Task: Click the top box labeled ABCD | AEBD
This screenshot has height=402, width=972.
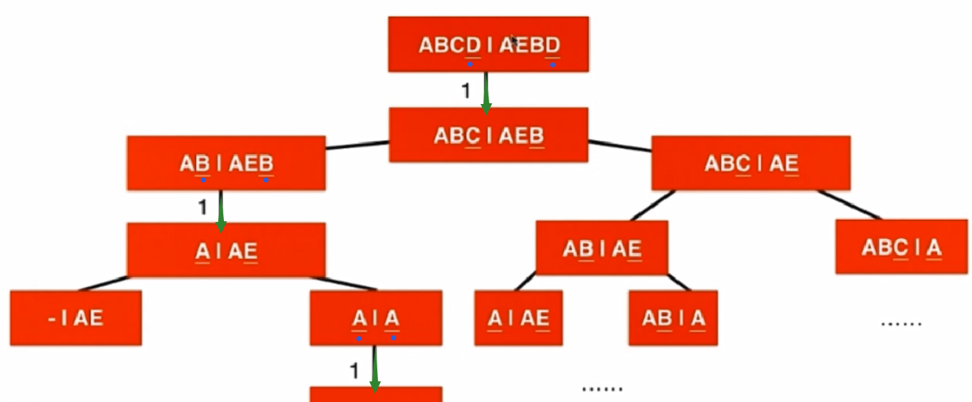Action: (489, 44)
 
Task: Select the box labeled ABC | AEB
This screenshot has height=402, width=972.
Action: (489, 135)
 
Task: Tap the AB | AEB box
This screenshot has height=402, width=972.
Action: (226, 163)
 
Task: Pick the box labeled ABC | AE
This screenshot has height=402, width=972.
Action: (751, 163)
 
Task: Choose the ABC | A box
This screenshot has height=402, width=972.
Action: (901, 246)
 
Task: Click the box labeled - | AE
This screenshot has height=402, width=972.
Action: (76, 318)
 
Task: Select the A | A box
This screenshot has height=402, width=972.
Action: (376, 318)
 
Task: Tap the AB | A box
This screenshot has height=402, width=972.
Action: (674, 318)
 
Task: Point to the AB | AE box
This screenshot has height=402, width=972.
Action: (601, 247)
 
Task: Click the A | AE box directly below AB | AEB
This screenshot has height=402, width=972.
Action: (226, 251)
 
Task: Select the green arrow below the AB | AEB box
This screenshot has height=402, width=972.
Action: (220, 207)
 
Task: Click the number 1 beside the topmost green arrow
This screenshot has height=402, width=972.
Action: (465, 91)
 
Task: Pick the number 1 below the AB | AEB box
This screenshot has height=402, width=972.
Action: (203, 208)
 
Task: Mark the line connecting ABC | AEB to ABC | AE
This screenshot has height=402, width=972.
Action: (620, 145)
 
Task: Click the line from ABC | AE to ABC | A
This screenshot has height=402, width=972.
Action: (849, 205)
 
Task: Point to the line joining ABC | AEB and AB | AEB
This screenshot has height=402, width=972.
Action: (357, 145)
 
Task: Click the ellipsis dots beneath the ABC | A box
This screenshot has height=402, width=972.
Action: (901, 322)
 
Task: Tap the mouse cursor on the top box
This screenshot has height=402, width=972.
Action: (515, 41)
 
